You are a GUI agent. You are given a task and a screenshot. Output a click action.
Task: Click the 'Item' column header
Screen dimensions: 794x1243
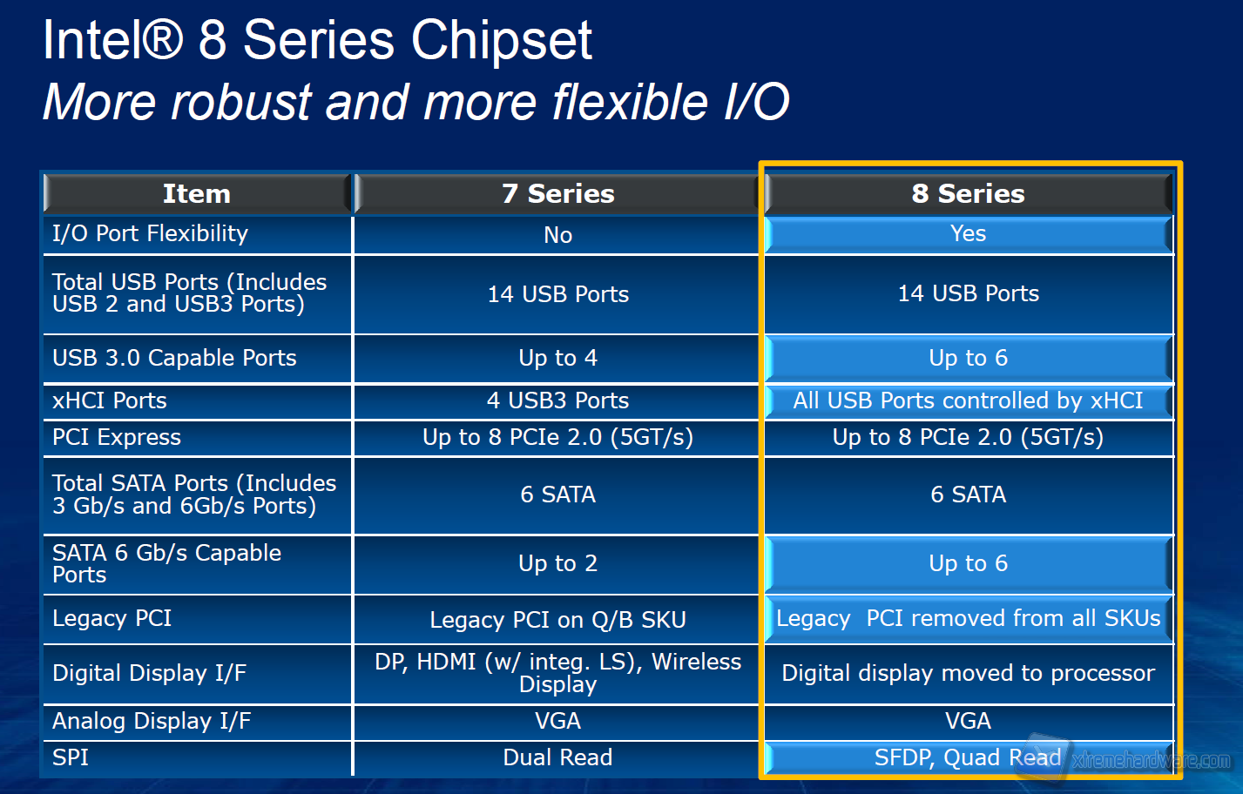pos(197,193)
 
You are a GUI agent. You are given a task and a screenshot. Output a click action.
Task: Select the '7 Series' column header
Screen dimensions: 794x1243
pos(557,193)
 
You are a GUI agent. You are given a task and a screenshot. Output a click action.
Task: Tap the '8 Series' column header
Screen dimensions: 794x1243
pos(968,193)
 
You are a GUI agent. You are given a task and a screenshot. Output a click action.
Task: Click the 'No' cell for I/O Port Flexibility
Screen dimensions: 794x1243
pos(557,235)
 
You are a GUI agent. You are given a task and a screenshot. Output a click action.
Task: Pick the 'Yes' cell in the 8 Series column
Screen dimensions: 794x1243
pos(968,233)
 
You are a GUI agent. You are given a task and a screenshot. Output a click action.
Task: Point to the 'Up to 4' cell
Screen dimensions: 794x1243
pos(557,358)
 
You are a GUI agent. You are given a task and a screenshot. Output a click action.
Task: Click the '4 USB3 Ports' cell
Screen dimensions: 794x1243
pos(557,400)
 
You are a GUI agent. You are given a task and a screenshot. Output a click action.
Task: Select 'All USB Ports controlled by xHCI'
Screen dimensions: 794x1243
pos(968,400)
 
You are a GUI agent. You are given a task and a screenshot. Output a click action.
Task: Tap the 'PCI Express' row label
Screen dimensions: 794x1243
pos(117,437)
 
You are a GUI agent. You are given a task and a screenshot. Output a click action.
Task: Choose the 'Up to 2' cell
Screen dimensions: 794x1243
pos(557,563)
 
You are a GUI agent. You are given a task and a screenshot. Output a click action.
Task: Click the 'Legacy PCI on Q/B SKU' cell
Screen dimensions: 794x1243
pos(557,620)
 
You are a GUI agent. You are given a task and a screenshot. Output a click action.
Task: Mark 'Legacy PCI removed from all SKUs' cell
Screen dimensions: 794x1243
pos(968,618)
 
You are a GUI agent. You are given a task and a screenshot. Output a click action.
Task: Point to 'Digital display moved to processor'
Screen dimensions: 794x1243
pos(968,673)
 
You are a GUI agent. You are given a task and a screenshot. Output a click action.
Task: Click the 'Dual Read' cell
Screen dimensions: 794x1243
pos(557,757)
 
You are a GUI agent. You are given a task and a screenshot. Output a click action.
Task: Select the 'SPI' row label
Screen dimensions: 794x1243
pos(71,757)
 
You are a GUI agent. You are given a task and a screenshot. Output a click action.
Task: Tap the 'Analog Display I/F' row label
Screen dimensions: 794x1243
pos(152,721)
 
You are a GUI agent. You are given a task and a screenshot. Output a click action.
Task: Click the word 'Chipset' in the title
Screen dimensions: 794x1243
pos(501,40)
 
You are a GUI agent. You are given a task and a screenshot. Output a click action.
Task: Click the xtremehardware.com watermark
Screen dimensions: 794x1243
pos(1150,760)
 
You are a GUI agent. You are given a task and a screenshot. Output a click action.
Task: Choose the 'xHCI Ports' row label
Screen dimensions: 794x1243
pos(110,400)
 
